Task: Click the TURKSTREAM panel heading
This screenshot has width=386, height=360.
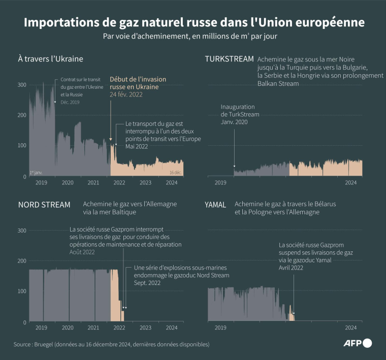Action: (x=229, y=59)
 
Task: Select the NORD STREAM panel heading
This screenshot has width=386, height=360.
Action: (x=44, y=205)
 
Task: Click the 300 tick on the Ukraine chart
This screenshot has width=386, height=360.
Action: (x=22, y=84)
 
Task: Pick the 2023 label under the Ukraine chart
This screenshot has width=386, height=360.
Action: (x=145, y=182)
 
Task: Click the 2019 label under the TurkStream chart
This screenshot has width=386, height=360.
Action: (x=220, y=182)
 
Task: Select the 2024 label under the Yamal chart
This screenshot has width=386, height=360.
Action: (x=350, y=328)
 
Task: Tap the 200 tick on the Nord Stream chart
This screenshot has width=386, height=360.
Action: (x=22, y=260)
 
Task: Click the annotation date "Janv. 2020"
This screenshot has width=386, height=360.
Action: (x=234, y=122)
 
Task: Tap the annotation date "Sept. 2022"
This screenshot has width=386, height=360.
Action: (x=147, y=283)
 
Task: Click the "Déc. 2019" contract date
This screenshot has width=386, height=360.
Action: (x=70, y=103)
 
